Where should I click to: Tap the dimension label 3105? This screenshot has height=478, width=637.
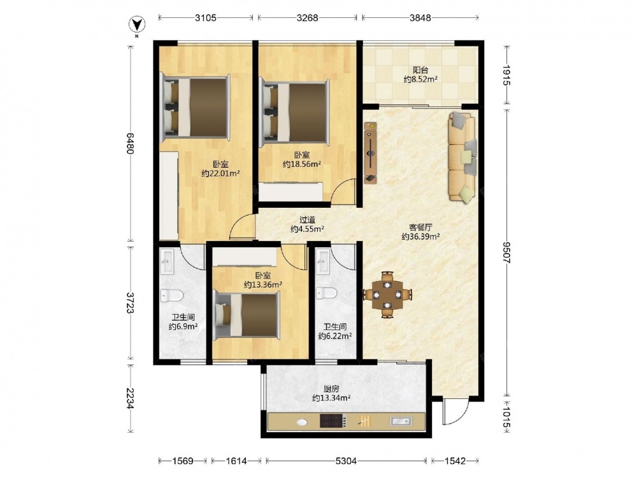coord(206,18)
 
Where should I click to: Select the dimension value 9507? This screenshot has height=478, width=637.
coord(506,252)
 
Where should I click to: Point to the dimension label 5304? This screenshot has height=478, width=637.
coord(346,461)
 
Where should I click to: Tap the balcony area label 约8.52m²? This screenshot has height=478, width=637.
coord(420,80)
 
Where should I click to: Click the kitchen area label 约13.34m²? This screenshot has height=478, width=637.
coord(331,398)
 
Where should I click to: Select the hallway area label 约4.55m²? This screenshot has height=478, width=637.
coord(307,229)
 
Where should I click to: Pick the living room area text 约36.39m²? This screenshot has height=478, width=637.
coord(421,236)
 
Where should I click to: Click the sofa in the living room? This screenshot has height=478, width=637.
coord(462,157)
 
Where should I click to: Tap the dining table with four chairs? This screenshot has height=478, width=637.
coord(387,294)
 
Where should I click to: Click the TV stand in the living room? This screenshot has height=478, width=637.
coord(371,153)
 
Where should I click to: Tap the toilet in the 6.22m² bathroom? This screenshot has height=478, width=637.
coord(327,293)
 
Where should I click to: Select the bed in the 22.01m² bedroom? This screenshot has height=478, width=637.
coord(195,107)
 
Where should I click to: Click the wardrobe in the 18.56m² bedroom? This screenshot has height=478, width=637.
coord(291,192)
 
